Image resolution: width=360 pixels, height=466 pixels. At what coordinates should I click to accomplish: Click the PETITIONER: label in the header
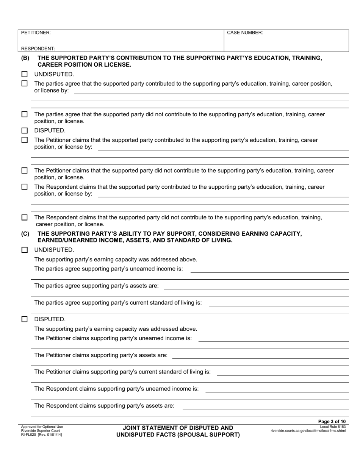click(x=36, y=33)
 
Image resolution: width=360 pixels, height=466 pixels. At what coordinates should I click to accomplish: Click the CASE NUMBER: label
click(x=245, y=33)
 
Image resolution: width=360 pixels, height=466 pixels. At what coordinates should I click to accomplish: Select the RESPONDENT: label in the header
click(x=38, y=48)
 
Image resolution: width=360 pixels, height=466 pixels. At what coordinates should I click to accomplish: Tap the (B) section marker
click(x=25, y=58)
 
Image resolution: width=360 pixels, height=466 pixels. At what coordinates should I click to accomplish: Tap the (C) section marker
click(x=25, y=234)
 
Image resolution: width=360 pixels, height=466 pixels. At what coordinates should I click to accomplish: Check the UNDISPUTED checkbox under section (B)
click(x=25, y=74)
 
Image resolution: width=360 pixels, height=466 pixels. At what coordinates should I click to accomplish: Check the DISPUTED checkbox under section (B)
click(x=25, y=131)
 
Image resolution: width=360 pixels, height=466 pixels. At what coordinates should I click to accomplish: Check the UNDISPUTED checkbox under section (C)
click(x=25, y=250)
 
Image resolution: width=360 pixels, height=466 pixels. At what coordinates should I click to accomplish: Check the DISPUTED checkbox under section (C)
click(x=25, y=319)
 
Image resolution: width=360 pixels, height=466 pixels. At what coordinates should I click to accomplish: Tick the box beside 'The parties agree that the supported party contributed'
click(x=25, y=84)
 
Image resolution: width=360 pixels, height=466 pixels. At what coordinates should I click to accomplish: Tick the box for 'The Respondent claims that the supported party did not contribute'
click(x=25, y=217)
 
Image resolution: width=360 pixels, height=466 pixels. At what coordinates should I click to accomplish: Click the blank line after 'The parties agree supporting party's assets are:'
click(x=256, y=286)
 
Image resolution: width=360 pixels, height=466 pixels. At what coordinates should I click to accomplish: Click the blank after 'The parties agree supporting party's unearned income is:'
click(x=269, y=269)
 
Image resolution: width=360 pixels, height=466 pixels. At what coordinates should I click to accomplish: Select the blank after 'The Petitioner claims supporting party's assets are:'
click(x=260, y=355)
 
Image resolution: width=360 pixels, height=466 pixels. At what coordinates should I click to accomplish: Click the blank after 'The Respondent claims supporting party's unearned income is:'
click(x=277, y=389)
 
